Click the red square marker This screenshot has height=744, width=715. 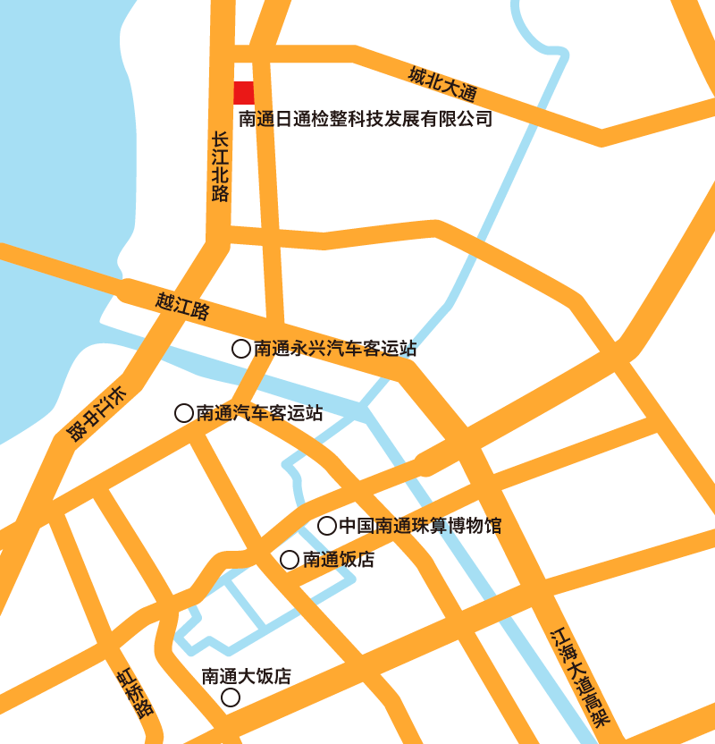tap(244, 92)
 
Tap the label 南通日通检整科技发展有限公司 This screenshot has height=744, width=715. tap(366, 118)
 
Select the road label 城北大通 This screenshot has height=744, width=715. tap(443, 84)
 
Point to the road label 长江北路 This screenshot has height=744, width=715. tap(220, 167)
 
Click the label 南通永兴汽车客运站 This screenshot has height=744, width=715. tap(335, 349)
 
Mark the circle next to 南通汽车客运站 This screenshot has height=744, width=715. tap(184, 412)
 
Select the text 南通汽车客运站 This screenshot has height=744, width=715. tap(259, 413)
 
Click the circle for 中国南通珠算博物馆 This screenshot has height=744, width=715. tap(327, 526)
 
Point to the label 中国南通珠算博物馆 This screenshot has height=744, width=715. tap(420, 526)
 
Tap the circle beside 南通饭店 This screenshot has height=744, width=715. tap(290, 560)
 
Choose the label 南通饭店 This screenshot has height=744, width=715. tap(339, 561)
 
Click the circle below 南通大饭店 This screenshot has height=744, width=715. tap(231, 697)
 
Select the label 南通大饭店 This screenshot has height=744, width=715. tap(247, 676)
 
